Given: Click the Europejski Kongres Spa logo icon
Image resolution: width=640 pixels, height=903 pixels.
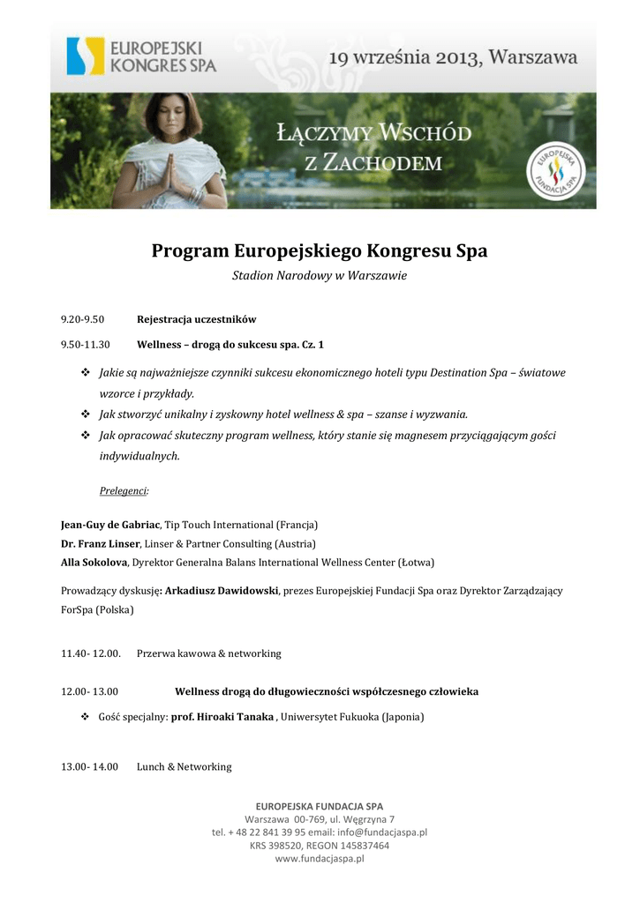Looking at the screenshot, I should (x=86, y=56).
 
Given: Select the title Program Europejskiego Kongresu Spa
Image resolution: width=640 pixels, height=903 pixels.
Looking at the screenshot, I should (x=320, y=251).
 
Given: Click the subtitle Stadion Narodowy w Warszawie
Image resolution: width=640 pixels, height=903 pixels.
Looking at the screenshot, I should (x=320, y=276).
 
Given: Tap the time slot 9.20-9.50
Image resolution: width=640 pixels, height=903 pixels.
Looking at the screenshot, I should (x=82, y=319).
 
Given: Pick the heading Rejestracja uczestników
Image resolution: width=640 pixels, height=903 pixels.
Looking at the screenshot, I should (x=197, y=319).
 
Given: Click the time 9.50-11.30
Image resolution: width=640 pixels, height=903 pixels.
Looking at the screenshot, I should (x=85, y=344).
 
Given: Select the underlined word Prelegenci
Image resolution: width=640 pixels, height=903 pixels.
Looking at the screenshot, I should (x=123, y=490).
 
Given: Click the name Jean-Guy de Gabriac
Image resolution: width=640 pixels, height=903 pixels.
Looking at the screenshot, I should (x=110, y=525).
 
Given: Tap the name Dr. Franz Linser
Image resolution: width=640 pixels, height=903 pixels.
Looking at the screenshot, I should (x=100, y=543).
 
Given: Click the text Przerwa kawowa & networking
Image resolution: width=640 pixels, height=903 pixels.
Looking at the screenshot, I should (x=208, y=653).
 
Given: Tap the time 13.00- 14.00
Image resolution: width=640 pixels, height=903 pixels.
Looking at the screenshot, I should (x=89, y=766).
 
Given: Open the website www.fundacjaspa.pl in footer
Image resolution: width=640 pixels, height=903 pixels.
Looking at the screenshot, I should (x=320, y=858).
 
